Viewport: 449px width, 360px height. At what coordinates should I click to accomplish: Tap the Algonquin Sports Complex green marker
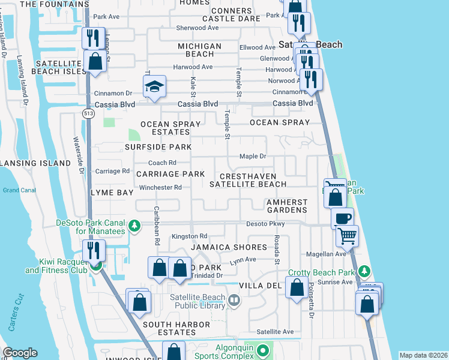262,349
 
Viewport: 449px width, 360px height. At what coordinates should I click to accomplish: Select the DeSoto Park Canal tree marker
135,226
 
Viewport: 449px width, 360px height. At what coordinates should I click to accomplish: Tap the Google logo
20,353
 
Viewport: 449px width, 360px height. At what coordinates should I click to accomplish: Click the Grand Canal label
19,190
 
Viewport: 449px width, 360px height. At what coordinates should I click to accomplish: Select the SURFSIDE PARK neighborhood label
158,147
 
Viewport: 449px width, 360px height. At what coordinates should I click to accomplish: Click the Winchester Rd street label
160,187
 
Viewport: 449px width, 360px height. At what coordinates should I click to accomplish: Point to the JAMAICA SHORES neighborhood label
229,247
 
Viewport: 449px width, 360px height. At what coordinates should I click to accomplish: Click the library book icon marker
234,299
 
